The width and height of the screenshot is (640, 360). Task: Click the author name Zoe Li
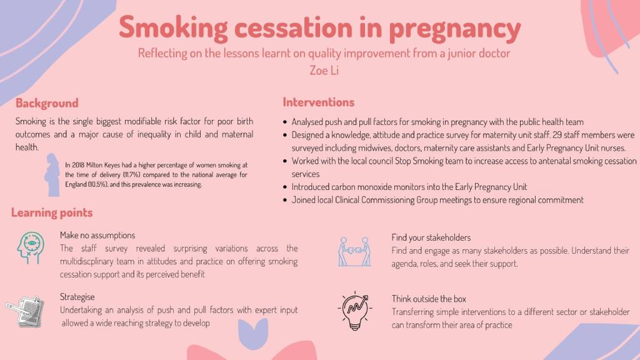click(x=324, y=70)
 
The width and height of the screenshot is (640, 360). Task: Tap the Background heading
click(x=47, y=103)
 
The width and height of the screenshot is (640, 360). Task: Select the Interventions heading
click(x=318, y=102)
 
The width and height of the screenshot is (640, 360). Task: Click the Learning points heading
click(x=52, y=212)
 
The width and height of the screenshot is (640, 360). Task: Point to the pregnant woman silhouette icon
click(x=52, y=175)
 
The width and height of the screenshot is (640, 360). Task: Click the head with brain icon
click(x=31, y=247)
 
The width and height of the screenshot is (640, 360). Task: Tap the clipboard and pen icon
click(x=25, y=311)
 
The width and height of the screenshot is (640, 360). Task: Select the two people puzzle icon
click(x=355, y=252)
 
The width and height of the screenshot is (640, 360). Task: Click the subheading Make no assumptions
click(x=97, y=235)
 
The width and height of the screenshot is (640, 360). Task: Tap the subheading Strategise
click(x=77, y=297)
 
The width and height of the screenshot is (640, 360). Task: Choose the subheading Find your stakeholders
click(x=431, y=237)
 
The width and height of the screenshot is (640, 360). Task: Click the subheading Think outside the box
click(x=429, y=299)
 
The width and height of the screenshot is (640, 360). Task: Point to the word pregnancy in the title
click(x=454, y=29)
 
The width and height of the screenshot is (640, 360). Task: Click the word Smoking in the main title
click(x=174, y=27)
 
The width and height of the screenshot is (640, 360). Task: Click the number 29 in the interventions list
click(x=557, y=135)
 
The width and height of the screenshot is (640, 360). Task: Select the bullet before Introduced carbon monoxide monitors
click(x=285, y=187)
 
